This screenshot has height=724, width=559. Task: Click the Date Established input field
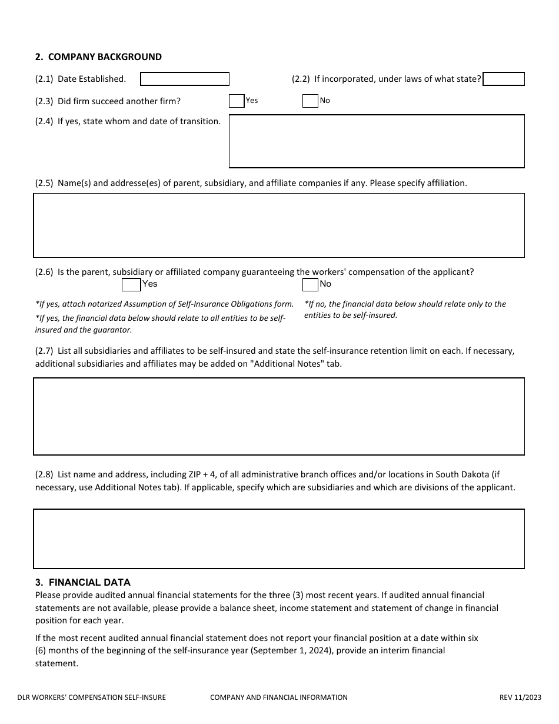point(185,79)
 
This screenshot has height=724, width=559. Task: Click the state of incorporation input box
point(504,79)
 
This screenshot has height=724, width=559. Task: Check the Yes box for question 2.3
point(237,101)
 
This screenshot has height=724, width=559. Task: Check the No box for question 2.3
point(310,101)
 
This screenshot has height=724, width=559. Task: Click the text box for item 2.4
point(377,141)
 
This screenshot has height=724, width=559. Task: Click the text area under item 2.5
point(279,225)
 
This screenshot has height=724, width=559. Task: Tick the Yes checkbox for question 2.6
point(131,285)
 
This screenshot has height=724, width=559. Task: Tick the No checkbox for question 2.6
point(310,285)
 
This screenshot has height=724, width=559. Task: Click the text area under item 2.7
point(279,416)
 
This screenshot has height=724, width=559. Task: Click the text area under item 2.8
point(279,539)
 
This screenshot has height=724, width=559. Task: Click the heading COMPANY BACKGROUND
point(104,57)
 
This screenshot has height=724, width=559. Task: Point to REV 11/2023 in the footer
point(520,698)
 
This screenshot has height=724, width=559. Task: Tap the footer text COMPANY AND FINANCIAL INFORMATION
point(279,698)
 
